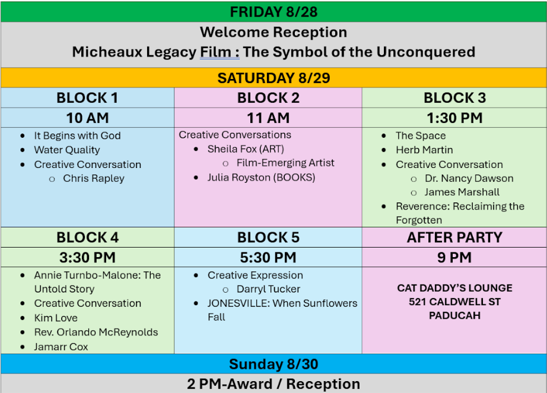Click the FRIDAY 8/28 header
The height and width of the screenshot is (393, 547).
point(273,12)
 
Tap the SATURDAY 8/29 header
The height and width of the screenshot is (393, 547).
point(273,78)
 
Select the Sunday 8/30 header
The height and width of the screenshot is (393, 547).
point(273,364)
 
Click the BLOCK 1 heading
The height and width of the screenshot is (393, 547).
point(87,98)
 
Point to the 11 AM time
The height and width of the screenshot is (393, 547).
point(268,118)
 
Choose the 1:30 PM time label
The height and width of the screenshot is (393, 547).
point(454,118)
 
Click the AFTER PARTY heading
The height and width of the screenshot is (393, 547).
point(454,237)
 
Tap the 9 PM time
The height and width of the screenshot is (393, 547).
point(454,258)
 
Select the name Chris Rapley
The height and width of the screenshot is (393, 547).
point(94,178)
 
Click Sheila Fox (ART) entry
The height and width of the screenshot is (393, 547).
point(246,149)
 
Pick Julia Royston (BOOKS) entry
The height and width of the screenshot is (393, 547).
point(261,178)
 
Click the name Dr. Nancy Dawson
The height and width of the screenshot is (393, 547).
point(469,178)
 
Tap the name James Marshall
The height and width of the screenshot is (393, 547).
point(462,192)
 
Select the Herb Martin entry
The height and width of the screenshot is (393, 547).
point(424,150)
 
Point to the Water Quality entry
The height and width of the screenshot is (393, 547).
point(67,150)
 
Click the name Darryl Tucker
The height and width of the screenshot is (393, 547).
point(268,289)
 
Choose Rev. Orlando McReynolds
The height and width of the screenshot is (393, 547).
point(96,332)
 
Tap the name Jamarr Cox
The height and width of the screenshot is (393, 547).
point(61,347)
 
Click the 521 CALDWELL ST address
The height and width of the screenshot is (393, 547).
point(454,302)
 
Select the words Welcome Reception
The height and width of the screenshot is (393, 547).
point(273,32)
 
